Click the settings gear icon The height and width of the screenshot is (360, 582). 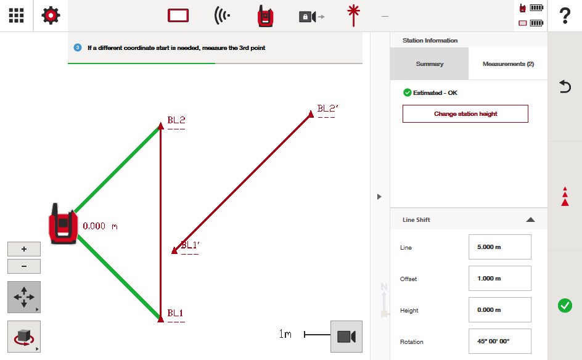pos(51,15)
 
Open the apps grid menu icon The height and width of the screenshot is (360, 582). pos(16,15)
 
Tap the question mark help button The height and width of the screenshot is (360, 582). pos(565,15)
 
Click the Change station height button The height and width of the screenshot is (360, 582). pos(465,113)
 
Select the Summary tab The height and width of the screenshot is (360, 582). pos(430,64)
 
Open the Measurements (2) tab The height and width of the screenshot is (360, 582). pos(508,64)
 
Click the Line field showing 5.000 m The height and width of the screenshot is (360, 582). pos(500,247)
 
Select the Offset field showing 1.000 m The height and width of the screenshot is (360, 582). pos(500,279)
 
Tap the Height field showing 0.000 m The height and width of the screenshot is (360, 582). pos(500,310)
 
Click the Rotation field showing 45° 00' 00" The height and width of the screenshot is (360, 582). pos(500,341)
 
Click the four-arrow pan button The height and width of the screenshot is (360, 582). pos(24,297)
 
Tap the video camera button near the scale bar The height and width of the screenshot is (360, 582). pos(346,337)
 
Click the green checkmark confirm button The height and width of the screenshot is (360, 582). pos(565,305)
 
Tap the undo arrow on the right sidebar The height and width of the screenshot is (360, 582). pos(565,86)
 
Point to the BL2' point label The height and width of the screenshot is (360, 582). pos(327,108)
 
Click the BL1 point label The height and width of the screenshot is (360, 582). pos(175,313)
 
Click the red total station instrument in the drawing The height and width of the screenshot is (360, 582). pos(63,224)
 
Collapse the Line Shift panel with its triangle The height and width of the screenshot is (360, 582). pos(530,219)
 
